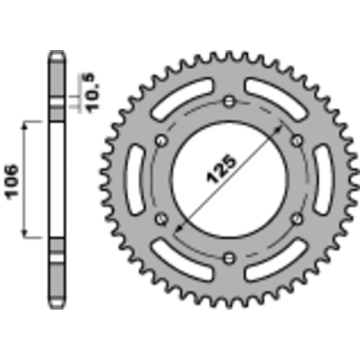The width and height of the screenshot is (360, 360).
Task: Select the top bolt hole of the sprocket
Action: pos(229,101)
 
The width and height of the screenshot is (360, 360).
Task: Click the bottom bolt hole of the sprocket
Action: pos(229,258)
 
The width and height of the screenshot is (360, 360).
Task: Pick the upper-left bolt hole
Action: pos(161,140)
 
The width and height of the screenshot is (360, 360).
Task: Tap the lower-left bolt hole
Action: pos(161,218)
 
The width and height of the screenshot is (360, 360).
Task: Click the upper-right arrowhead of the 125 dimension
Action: pos(280,128)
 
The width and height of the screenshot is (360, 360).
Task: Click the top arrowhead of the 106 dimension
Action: pos(25,124)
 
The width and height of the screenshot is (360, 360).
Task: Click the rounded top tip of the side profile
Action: pos(56,52)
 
